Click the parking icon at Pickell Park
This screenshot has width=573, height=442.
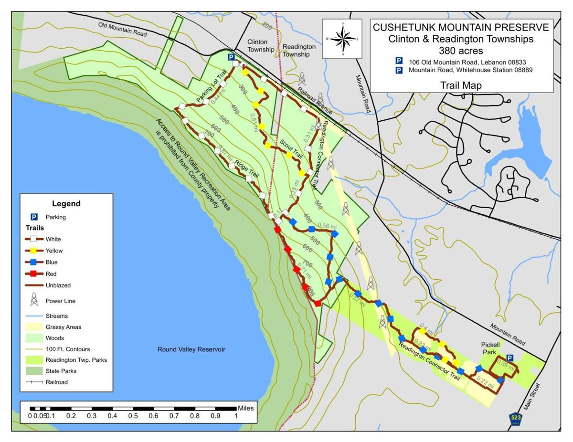pos(509,358)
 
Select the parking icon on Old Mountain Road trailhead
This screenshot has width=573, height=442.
pos(231,57)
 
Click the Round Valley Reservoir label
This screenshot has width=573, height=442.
pos(191,349)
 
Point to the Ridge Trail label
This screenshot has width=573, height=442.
pos(246,168)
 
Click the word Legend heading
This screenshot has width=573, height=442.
pos(66,204)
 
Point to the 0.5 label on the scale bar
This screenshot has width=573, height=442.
pos(133,416)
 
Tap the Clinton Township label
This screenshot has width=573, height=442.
pos(261,46)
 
